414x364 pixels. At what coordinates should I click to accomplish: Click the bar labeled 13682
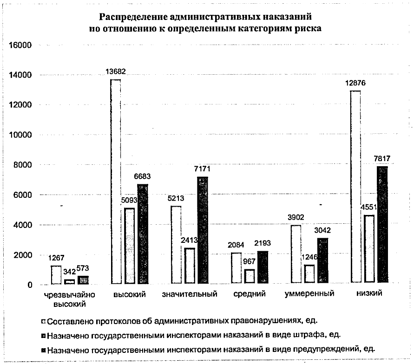(116, 181)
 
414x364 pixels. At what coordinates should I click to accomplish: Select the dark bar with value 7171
(203, 230)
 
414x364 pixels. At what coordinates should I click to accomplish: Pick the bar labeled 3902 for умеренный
(296, 254)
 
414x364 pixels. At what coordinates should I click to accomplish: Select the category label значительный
(190, 294)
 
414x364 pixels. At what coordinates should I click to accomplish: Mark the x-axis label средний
(250, 294)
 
